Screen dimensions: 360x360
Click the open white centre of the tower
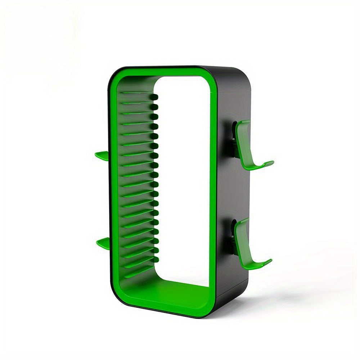click(182, 180)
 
